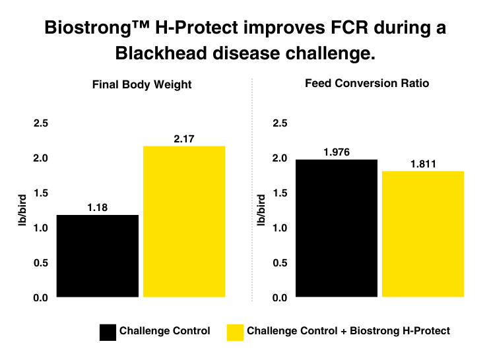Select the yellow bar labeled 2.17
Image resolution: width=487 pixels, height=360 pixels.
point(184,222)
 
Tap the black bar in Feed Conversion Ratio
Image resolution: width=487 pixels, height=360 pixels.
point(337,228)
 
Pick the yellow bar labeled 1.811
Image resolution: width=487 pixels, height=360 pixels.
point(423,234)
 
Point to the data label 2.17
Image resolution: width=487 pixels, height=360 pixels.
point(184,138)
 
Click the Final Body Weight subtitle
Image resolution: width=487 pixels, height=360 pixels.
point(141,84)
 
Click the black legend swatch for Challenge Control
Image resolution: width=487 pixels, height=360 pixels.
point(108,331)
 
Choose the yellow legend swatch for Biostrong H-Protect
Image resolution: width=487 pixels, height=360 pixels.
point(235,331)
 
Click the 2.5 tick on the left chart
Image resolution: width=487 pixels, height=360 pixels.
point(41,123)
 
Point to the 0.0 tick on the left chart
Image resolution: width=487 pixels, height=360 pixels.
point(41,298)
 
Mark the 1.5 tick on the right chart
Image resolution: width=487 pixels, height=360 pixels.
point(280,193)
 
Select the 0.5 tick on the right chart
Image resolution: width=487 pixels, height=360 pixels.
point(280,263)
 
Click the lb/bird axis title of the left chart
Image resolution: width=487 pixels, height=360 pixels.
point(21,210)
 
